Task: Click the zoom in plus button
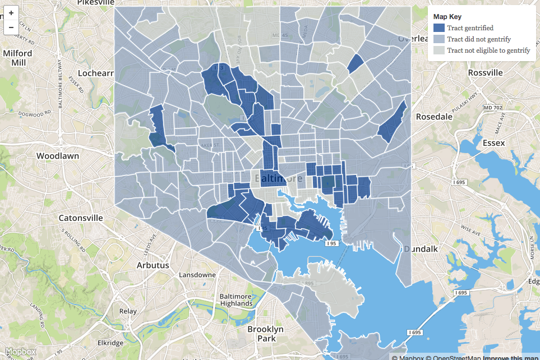(x=11, y=13)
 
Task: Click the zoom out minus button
(x=11, y=26)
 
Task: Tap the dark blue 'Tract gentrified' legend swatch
(x=439, y=28)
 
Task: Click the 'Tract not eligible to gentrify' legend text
(x=488, y=50)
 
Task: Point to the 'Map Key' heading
(x=447, y=17)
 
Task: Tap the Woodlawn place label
(x=57, y=156)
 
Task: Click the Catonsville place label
(x=82, y=218)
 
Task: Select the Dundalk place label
(x=422, y=248)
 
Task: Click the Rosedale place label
(x=433, y=117)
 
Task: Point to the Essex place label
(x=493, y=143)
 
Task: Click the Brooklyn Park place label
(x=266, y=334)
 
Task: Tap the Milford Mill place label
(x=18, y=58)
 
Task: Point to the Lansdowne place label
(x=197, y=275)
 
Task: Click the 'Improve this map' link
(x=511, y=357)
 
